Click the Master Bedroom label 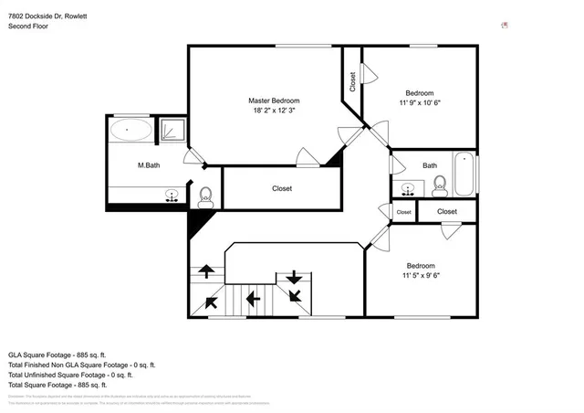[x=274, y=101]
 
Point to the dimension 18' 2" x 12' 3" [x=274, y=110]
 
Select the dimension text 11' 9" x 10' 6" [x=419, y=102]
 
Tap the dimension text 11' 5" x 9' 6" [x=419, y=275]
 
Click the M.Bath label [x=150, y=165]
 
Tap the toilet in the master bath [x=205, y=195]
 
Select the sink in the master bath [x=172, y=195]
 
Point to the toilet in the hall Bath [x=439, y=187]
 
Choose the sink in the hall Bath [x=409, y=188]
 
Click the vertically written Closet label [x=352, y=81]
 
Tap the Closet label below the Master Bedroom [x=282, y=188]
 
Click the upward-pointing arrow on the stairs [x=207, y=270]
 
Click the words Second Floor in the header [x=28, y=26]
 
